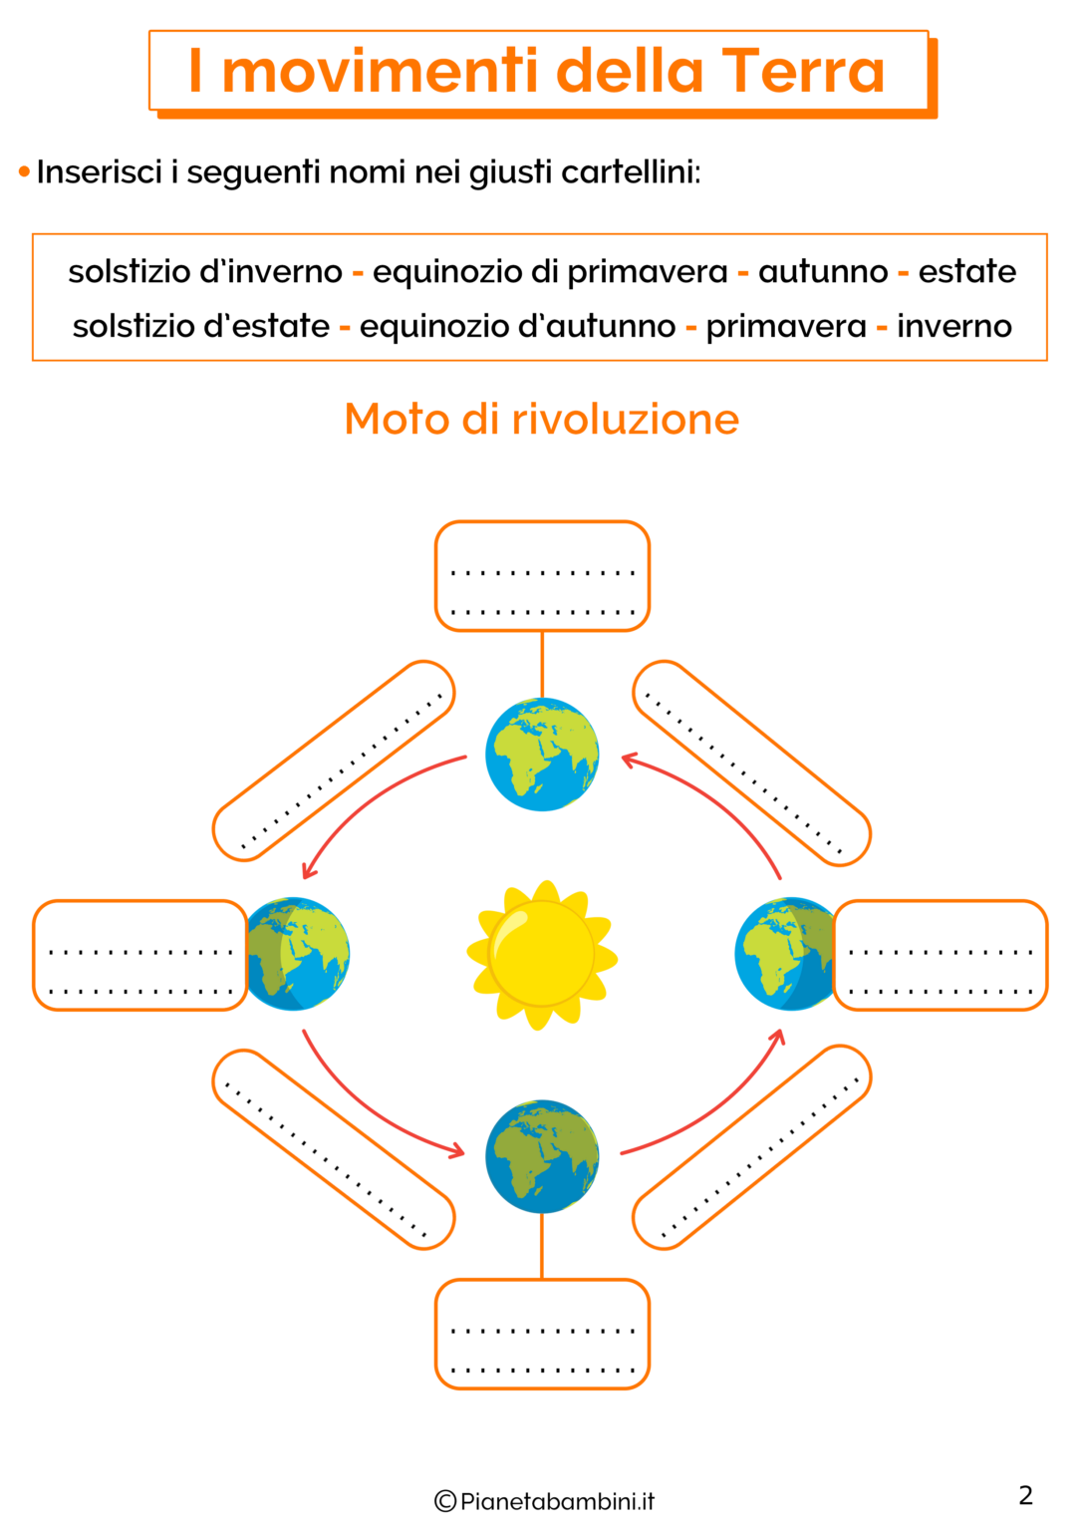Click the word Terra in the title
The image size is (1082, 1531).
pos(803,71)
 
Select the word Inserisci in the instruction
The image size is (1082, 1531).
pos(100,172)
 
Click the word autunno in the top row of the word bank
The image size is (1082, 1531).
pos(823,272)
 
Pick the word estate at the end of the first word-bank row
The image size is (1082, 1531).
pos(966,271)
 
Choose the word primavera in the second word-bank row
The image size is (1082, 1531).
pos(786,327)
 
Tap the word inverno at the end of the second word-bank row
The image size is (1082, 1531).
pos(954,327)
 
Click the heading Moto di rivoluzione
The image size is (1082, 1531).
pos(542,419)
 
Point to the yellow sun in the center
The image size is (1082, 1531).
pos(542,956)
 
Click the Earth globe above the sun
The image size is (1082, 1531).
pos(542,754)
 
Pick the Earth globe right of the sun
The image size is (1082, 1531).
pos(785,954)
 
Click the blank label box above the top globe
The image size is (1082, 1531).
pos(542,576)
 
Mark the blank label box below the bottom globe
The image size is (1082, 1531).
pos(542,1335)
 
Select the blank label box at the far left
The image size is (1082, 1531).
pos(140,956)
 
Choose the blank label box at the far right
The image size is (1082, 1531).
pos(941,956)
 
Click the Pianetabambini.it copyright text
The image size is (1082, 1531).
pos(544,1502)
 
